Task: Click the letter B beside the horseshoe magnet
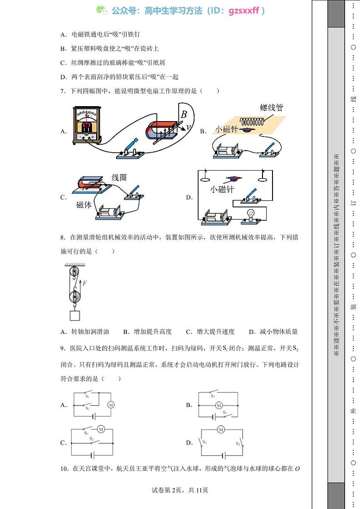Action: point(184,114)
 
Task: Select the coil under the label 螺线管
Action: point(254,122)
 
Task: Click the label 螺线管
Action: point(272,108)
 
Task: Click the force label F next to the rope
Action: point(85,283)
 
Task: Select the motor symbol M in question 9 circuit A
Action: point(111,405)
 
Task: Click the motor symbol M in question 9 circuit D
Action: point(221,429)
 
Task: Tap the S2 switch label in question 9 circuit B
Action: point(224,413)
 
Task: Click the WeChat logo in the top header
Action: point(101,10)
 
